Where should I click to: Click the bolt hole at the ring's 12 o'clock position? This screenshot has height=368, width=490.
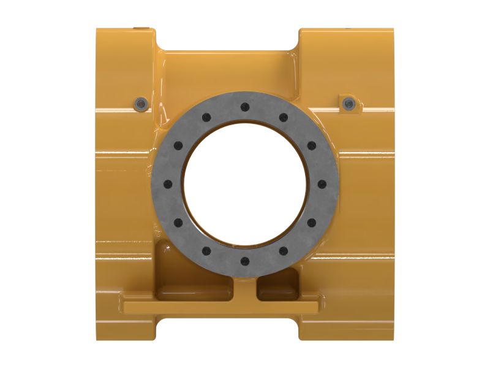[244, 107]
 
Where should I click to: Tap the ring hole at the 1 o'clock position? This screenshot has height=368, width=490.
[283, 117]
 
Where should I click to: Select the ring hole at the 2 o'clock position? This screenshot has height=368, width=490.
[311, 145]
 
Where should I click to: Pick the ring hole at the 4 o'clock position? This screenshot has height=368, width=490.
[311, 223]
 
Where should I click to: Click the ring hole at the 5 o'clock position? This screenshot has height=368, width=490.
[283, 251]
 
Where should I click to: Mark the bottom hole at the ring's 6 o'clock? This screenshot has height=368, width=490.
[244, 261]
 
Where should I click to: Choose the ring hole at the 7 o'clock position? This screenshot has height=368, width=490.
[206, 251]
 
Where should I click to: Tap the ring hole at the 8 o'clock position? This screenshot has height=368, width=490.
[178, 223]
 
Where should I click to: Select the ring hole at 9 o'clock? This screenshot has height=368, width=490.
[167, 184]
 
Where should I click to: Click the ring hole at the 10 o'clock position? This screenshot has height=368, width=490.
[178, 145]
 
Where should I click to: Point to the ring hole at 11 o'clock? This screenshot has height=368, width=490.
[206, 117]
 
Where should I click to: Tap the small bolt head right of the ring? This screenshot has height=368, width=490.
[349, 102]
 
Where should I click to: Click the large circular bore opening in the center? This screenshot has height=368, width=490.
[244, 184]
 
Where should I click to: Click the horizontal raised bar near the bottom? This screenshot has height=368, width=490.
[221, 305]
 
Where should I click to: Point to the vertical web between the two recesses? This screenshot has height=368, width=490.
[244, 285]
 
